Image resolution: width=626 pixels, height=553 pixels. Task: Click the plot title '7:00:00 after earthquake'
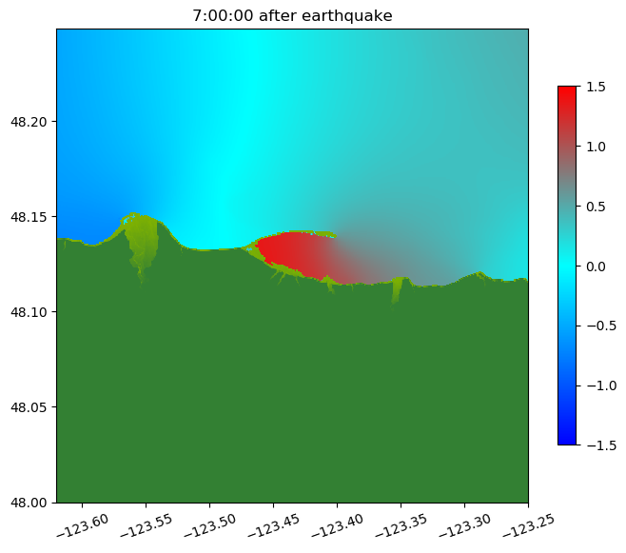[292, 15]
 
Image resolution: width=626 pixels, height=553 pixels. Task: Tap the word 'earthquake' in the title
[344, 15]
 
